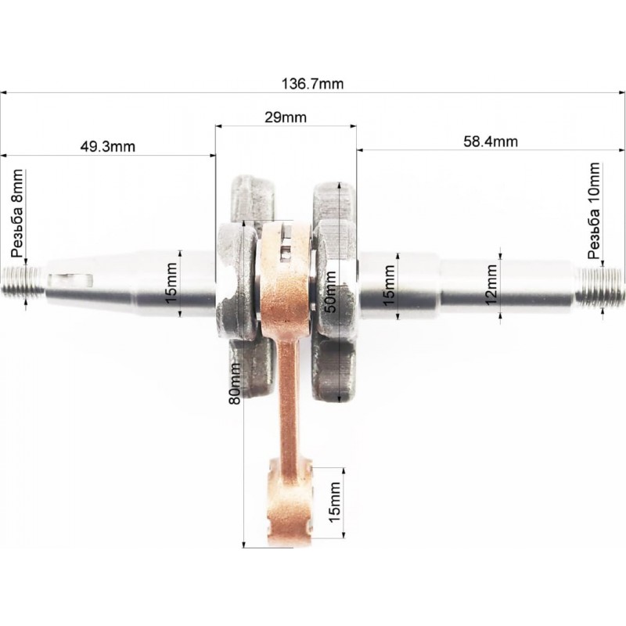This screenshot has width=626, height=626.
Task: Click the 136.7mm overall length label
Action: click(x=312, y=84)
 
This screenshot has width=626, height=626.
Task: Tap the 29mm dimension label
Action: click(x=286, y=117)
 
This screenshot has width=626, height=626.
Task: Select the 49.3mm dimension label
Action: click(x=108, y=146)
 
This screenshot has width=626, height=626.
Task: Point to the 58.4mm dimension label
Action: click(x=491, y=142)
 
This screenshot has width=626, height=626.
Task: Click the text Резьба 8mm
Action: click(x=17, y=213)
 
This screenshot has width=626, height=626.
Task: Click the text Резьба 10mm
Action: click(x=594, y=211)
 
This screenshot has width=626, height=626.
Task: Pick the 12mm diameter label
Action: click(x=491, y=285)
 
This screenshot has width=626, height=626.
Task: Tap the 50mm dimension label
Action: click(x=330, y=291)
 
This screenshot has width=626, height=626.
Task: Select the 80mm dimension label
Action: click(x=234, y=383)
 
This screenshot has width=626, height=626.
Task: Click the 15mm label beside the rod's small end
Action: click(x=334, y=502)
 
